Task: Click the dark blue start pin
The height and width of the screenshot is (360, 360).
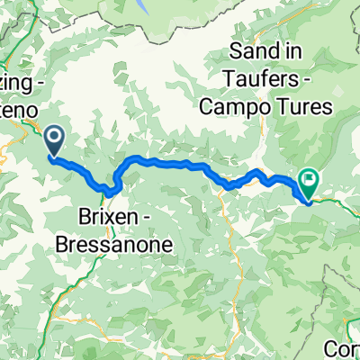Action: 54,139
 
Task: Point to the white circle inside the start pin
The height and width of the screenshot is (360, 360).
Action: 54,137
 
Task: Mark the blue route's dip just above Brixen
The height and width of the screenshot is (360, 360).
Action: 110,191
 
